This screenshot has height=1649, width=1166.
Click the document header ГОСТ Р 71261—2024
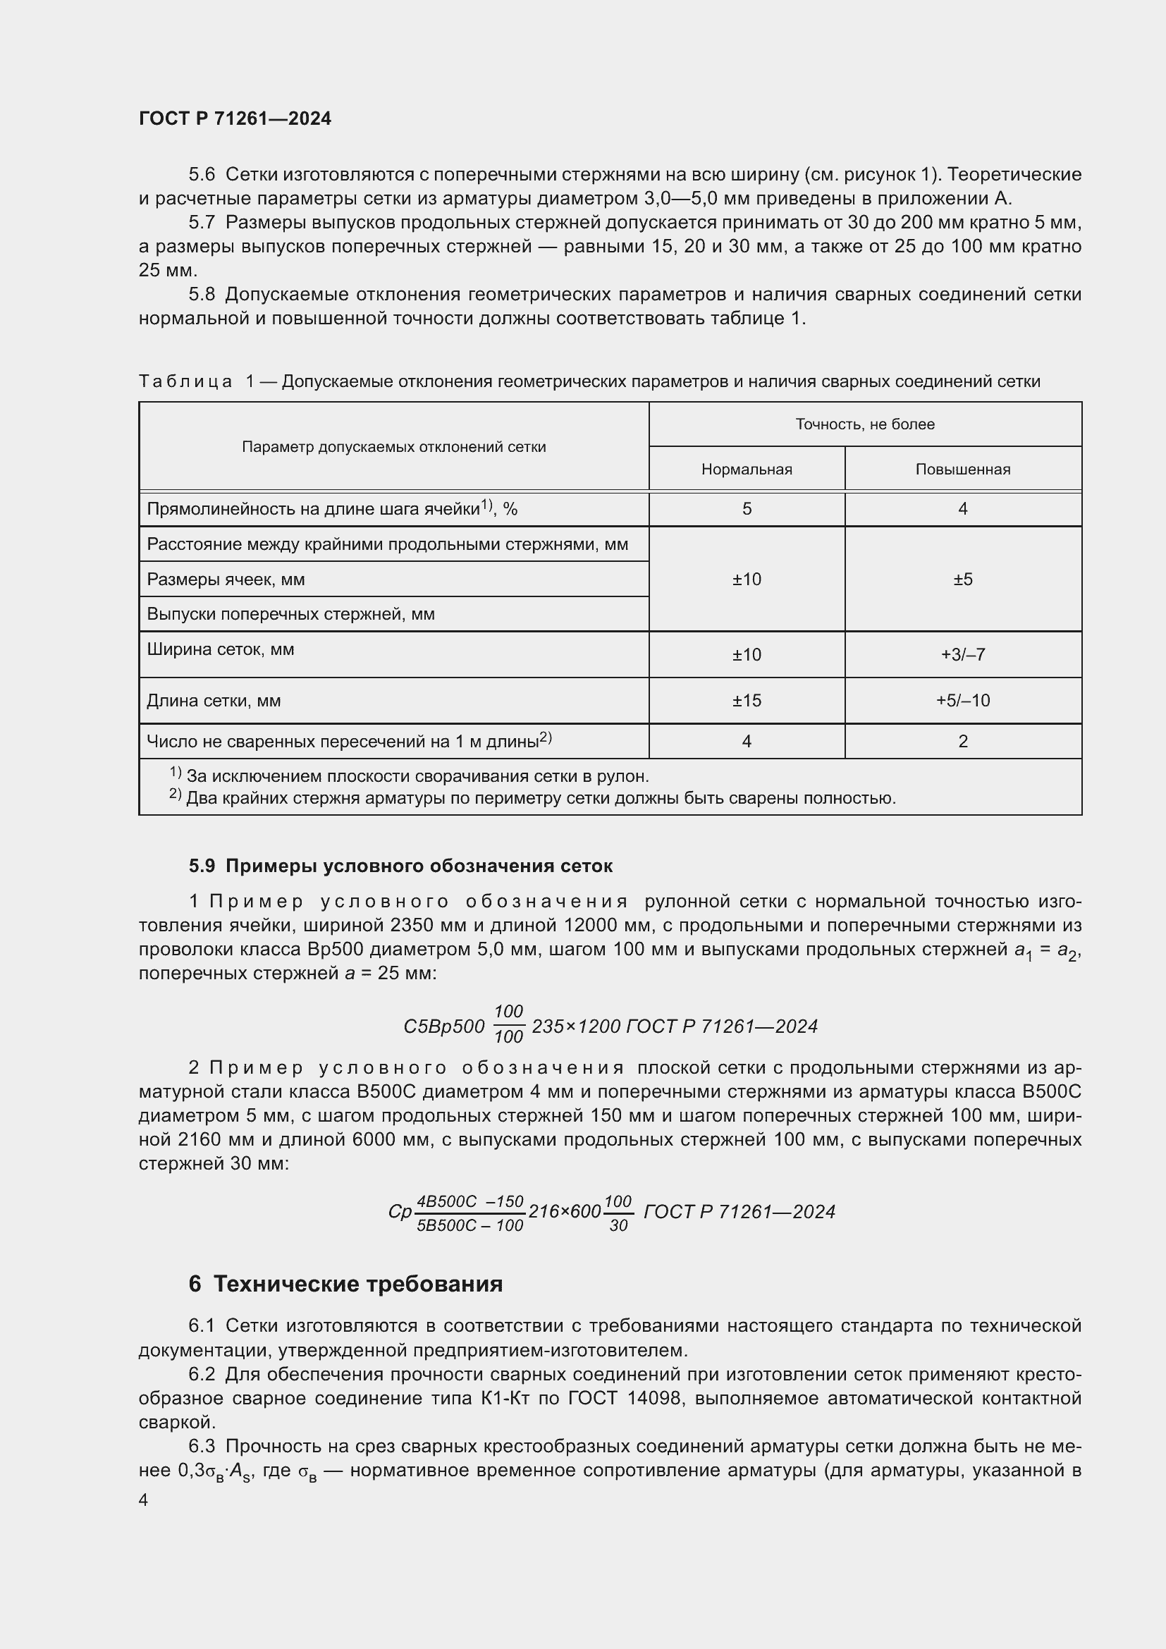235,118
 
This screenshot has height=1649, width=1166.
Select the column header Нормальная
746,470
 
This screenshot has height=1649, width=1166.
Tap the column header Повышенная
962,470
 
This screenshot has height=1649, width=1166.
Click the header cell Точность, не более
864,424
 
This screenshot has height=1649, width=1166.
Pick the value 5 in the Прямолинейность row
747,509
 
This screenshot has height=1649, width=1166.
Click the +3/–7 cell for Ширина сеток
962,654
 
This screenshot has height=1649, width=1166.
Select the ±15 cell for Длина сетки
746,700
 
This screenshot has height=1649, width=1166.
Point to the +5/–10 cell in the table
962,700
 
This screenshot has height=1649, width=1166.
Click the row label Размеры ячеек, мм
226,580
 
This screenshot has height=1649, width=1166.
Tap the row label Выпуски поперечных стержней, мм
290,614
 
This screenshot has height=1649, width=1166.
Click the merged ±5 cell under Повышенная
962,580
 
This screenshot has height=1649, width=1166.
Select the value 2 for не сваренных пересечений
962,741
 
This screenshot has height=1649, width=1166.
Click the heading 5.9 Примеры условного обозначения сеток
400,866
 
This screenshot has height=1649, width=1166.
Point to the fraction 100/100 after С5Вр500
508,1024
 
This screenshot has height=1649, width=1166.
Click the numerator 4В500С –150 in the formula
470,1201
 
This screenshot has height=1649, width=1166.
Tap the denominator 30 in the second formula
618,1226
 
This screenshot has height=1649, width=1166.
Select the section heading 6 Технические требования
345,1283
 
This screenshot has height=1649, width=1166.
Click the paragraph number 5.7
202,223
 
